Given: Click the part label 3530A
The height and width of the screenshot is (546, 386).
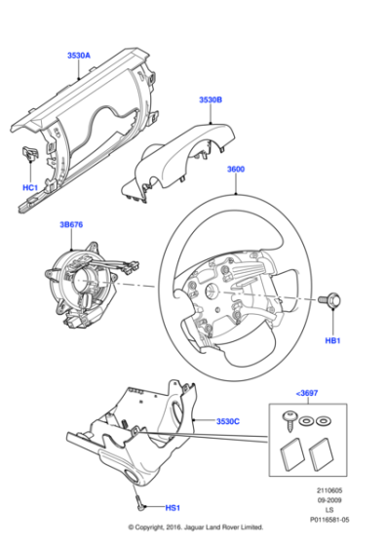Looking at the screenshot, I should (79, 57).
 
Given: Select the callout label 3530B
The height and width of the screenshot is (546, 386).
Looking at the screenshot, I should (210, 99).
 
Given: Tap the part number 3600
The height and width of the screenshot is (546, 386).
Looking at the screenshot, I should (236, 169).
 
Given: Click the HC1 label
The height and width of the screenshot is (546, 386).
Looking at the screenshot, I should (29, 186).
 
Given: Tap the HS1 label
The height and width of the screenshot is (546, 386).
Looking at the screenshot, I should (171, 509).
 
